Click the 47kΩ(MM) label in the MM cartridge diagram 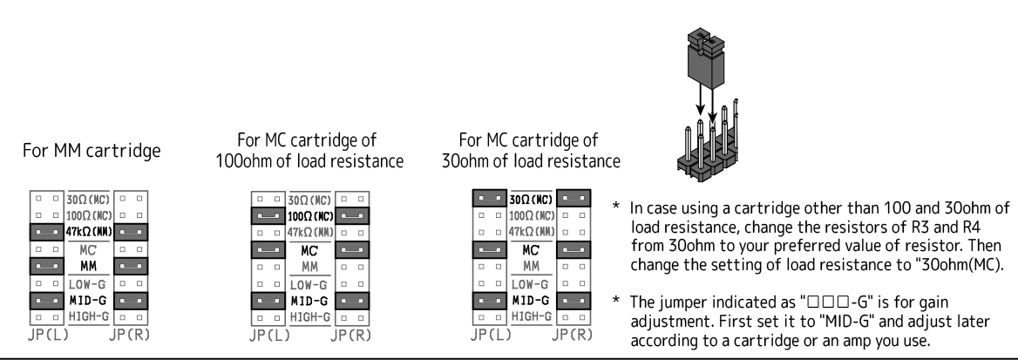click(86, 231)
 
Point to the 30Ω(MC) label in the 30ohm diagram click(531, 198)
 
